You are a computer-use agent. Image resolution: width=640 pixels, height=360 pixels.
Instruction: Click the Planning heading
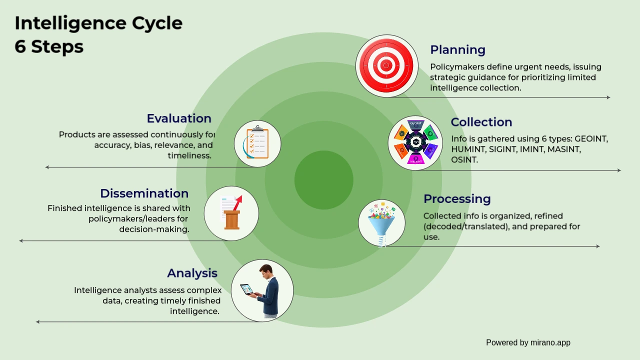pos(457,50)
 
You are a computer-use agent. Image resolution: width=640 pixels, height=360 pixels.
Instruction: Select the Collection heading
pos(481,122)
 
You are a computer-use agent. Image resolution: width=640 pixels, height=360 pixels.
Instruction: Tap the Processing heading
pos(457,199)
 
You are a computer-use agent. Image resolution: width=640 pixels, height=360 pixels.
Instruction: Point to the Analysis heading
pos(192,273)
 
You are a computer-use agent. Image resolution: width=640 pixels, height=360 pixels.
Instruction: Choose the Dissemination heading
pos(144,193)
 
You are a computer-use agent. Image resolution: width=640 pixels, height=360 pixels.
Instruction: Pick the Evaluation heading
pos(179,118)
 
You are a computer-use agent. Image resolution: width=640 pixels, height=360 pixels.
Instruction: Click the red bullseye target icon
pos(386,65)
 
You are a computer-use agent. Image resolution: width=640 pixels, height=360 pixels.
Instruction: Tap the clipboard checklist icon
pos(257,142)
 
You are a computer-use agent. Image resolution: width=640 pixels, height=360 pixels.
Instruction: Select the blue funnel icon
pos(381,224)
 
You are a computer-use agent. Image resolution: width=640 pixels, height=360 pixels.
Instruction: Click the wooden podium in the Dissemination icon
pos(231,219)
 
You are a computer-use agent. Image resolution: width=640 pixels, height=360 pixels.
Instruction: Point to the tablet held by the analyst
pos(246,289)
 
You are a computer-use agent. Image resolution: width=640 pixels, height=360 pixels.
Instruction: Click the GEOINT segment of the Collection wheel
pos(415,124)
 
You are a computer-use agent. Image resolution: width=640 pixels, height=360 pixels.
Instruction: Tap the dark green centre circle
pos(323,180)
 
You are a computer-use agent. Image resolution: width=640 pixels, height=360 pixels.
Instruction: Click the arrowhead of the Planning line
pos(608,97)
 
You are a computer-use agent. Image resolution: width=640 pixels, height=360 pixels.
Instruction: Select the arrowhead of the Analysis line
pos(37,322)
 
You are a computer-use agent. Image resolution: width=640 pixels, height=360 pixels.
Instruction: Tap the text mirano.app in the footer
pos(550,343)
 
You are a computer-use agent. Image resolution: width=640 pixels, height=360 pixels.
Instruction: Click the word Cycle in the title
pos(157,23)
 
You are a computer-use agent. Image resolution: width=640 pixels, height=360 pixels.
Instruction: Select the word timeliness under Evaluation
pos(189,156)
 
